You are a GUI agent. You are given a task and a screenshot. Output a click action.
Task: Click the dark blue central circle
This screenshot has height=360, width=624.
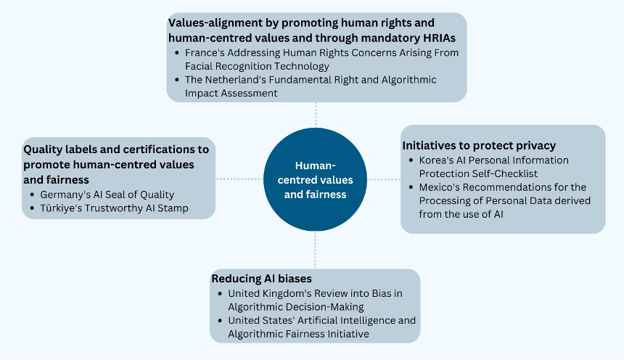[x=315, y=179]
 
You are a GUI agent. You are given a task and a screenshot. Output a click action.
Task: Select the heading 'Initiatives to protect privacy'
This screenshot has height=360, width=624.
[x=479, y=146]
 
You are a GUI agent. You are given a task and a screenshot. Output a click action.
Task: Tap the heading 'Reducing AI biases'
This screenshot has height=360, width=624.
[x=261, y=279]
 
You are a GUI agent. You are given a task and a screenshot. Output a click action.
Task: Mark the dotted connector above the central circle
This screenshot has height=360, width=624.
[x=316, y=115]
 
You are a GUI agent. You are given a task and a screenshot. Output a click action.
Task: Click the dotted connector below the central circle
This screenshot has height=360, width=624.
[x=315, y=250]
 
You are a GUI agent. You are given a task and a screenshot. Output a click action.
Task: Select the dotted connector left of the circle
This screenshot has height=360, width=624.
[x=239, y=179]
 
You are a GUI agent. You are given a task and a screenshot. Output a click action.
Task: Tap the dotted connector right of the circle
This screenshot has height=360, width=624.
[x=384, y=179]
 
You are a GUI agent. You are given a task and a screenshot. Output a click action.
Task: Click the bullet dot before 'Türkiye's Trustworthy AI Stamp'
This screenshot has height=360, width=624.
[x=33, y=208]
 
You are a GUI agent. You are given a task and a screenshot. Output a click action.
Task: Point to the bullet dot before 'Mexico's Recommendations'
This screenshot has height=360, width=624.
[x=411, y=187]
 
